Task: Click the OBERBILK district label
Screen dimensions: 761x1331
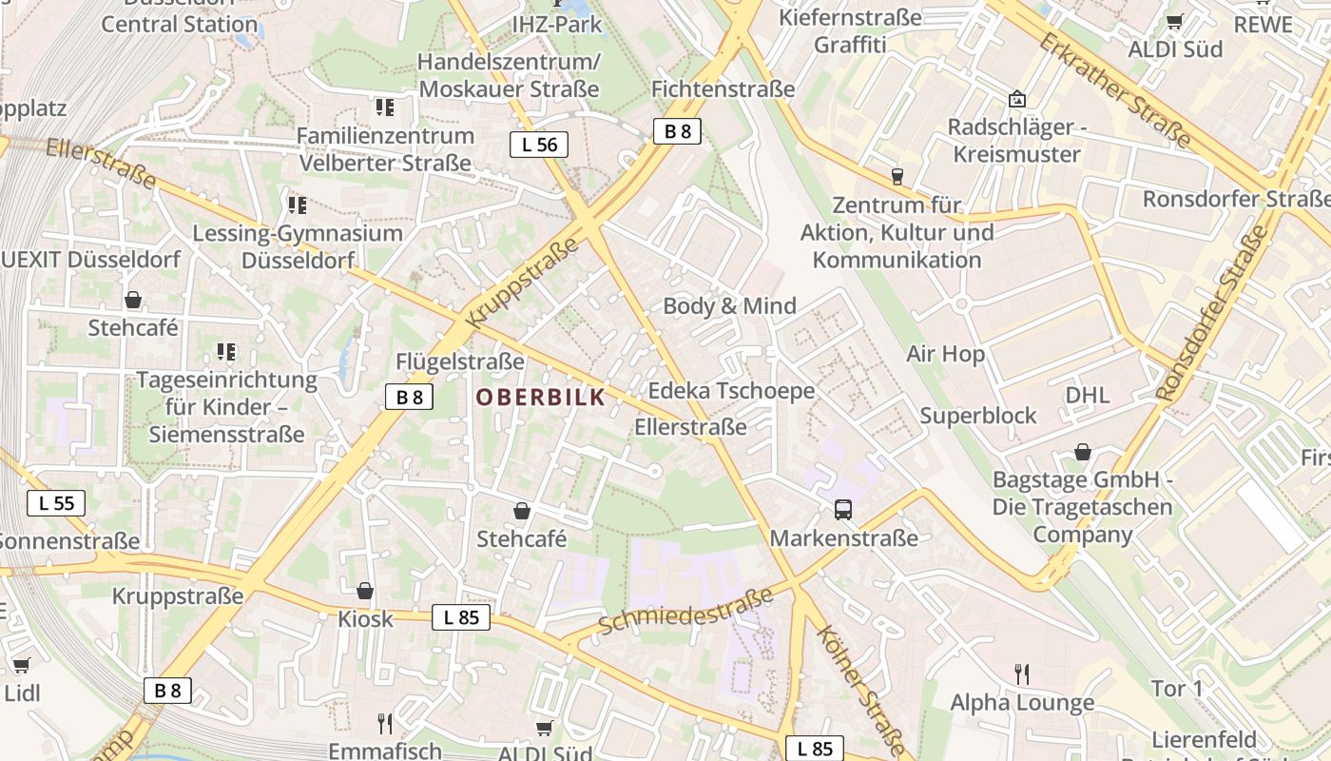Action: click(540, 398)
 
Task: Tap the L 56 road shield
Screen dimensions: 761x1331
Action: click(539, 145)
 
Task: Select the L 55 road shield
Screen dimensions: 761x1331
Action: click(56, 503)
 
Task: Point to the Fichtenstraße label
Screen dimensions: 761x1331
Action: click(723, 88)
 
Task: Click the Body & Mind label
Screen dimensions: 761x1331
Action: click(729, 306)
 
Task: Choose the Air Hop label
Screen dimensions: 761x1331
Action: click(945, 354)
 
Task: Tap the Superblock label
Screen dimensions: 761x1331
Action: click(978, 416)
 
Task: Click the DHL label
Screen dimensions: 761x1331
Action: click(1088, 395)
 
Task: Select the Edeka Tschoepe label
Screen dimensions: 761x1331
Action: click(731, 391)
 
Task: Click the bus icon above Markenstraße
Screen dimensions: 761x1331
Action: click(843, 510)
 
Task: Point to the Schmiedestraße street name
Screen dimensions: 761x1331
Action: click(685, 613)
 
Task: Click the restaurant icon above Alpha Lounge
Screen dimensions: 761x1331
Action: click(1022, 674)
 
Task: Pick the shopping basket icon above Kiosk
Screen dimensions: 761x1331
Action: click(365, 592)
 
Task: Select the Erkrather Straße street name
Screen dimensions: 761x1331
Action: click(1113, 90)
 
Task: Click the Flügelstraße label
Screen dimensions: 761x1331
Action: click(460, 361)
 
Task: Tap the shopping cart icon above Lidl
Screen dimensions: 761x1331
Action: click(21, 665)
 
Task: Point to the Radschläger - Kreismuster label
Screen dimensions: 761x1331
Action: click(1016, 141)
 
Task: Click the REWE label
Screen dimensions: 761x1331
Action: click(1263, 25)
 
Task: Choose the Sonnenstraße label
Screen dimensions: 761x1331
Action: click(68, 541)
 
